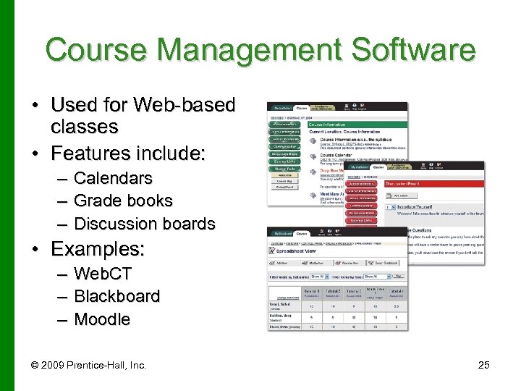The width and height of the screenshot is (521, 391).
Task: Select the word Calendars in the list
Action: coord(113,178)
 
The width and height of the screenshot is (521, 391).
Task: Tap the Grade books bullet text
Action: coord(123,201)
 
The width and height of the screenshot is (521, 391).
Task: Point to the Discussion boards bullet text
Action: coord(144,224)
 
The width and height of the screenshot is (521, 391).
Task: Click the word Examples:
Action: coord(98,250)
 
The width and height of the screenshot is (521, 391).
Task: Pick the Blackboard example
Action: coord(117,296)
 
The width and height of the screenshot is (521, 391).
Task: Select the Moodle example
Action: coord(102,319)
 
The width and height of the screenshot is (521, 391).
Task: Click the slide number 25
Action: coord(483,365)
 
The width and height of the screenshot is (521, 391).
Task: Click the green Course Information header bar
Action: coord(357,124)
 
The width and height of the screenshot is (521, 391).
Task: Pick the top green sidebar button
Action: coord(287,124)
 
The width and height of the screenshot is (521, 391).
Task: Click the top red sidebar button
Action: coord(362,184)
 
